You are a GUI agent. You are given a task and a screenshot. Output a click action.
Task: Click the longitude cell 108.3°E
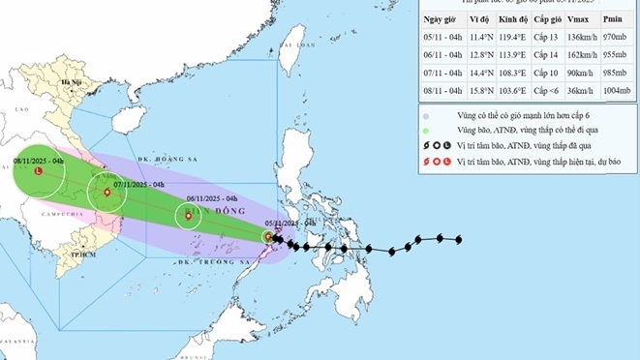(517, 73)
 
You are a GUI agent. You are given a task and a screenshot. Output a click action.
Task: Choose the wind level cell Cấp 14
(550, 55)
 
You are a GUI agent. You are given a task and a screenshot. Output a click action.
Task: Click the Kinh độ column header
(517, 19)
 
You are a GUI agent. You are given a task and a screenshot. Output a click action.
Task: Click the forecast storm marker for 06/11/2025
(188, 216)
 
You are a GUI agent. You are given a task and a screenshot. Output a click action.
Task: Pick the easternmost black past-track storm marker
(457, 239)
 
